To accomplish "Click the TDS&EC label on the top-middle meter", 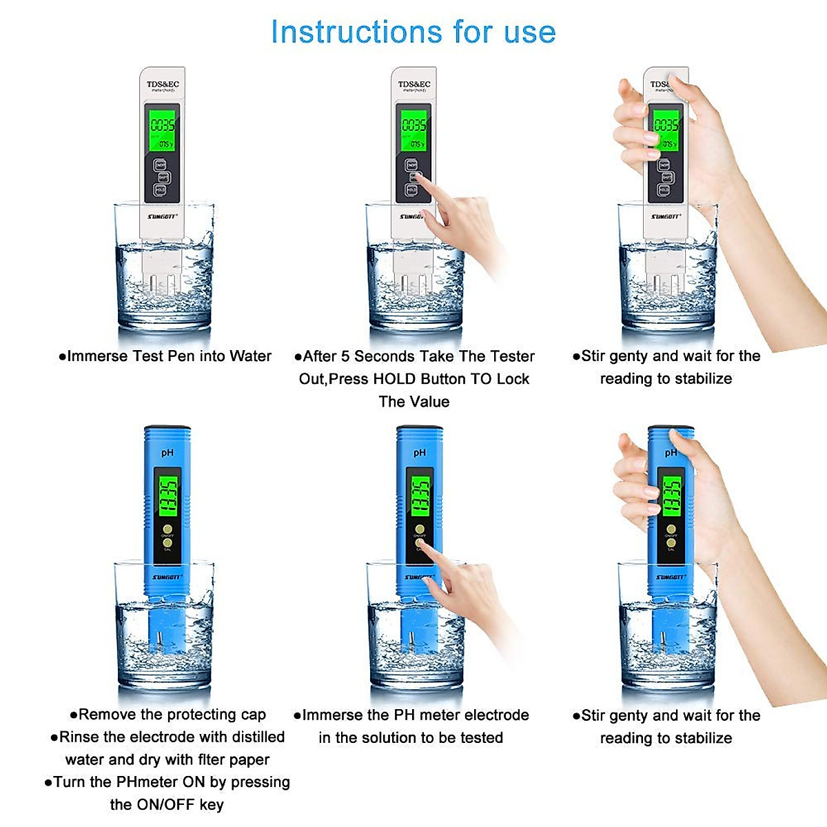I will (x=414, y=85).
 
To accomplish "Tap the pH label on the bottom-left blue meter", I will (x=167, y=453).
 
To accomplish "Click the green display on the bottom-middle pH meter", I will (x=420, y=497).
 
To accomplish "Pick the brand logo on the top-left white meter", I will (x=163, y=216).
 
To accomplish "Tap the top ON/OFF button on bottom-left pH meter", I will (x=167, y=529).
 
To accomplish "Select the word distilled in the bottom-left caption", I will (x=258, y=737).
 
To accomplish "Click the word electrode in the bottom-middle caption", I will (x=496, y=715).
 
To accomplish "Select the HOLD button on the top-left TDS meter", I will (x=161, y=190).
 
